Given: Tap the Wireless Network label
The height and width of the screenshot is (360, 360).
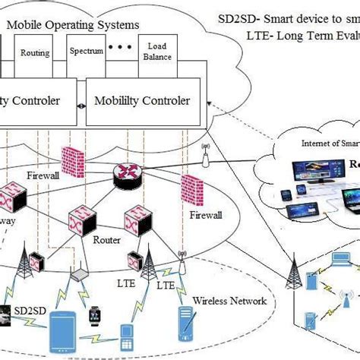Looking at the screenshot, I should click(x=229, y=301).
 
